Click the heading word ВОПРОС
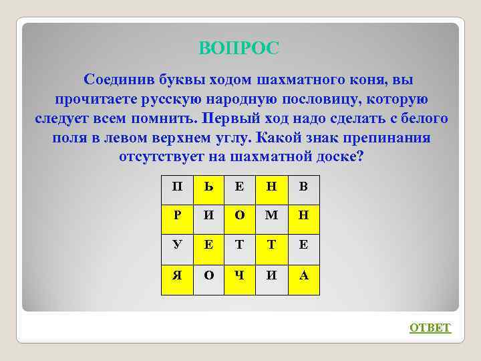click(239, 48)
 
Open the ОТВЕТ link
click(430, 328)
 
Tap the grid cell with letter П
click(177, 186)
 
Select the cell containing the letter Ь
click(208, 186)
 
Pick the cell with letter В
click(303, 186)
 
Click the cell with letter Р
click(177, 215)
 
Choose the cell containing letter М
click(271, 215)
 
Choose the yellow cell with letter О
click(240, 215)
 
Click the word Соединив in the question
click(118, 80)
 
